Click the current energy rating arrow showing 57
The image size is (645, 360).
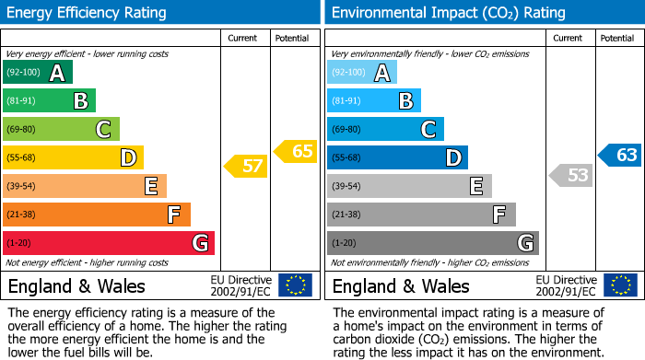click(x=245, y=167)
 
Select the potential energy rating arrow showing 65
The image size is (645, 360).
click(x=296, y=151)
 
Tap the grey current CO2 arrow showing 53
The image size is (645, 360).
click(x=570, y=175)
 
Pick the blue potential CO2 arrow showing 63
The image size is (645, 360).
click(x=620, y=155)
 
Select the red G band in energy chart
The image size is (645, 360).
click(x=109, y=243)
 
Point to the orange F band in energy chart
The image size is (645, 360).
click(x=97, y=215)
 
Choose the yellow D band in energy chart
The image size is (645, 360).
click(x=73, y=158)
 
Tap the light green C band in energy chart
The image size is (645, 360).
click(x=61, y=130)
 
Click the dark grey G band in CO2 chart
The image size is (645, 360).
click(x=432, y=243)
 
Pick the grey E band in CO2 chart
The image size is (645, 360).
click(x=409, y=187)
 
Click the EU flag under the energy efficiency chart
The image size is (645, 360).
click(x=295, y=285)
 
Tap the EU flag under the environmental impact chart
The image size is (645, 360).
click(x=620, y=285)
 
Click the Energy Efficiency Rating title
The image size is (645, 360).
click(x=88, y=13)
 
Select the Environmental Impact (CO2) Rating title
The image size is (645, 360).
click(x=448, y=13)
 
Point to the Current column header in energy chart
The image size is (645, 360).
click(x=242, y=38)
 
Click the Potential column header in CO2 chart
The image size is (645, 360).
click(x=616, y=38)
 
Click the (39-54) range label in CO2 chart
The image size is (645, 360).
click(x=346, y=187)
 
